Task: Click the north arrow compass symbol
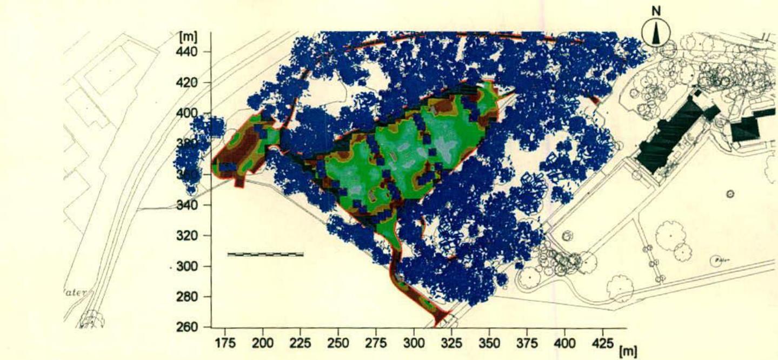(x=656, y=34)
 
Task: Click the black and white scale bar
(x=265, y=254)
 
